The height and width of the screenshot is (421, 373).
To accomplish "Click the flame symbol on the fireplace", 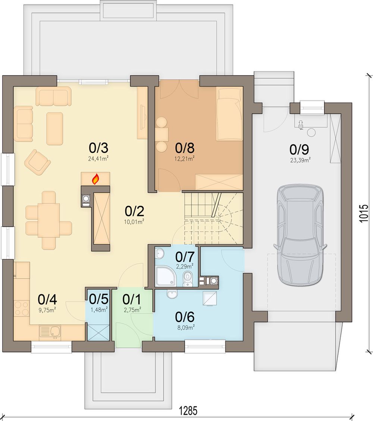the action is (x=95, y=179).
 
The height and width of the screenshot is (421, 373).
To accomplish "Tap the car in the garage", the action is (x=300, y=234).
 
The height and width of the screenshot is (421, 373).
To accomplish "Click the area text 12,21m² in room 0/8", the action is (x=185, y=159).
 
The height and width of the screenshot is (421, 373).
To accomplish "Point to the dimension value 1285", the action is (x=188, y=411).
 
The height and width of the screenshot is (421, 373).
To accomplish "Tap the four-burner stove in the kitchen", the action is (x=22, y=308).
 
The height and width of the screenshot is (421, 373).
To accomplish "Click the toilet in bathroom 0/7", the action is (x=187, y=279).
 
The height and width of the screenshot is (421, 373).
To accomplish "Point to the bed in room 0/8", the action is (x=229, y=115).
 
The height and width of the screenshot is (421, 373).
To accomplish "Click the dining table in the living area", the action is (x=49, y=220).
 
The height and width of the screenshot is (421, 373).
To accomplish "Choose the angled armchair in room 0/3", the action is (x=37, y=162).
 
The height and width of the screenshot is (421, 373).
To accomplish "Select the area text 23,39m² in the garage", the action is (x=300, y=160).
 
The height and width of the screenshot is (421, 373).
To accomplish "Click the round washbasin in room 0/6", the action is (x=172, y=294).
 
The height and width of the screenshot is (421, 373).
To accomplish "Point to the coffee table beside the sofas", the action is (x=55, y=129).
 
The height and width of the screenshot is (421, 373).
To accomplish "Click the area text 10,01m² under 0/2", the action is (x=135, y=222).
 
